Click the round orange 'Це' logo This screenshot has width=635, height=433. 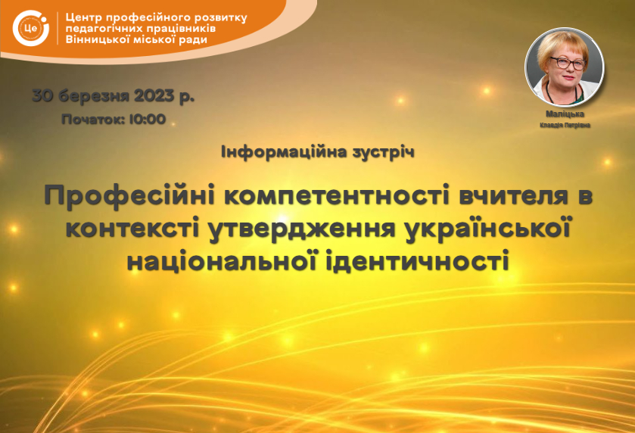[x=31, y=28]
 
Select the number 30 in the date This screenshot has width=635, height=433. [x=42, y=96]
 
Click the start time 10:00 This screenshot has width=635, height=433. [x=148, y=119]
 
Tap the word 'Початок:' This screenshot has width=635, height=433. [x=93, y=119]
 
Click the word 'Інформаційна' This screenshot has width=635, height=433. [x=285, y=152]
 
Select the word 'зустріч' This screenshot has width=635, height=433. [x=384, y=152]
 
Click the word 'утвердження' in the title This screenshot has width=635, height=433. [x=302, y=229]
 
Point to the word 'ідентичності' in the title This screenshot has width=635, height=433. [x=417, y=260]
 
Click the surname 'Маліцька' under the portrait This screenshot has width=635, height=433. [x=565, y=114]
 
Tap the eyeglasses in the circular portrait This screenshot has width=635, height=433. [x=568, y=63]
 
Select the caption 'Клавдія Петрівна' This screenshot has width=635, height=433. [x=565, y=125]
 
